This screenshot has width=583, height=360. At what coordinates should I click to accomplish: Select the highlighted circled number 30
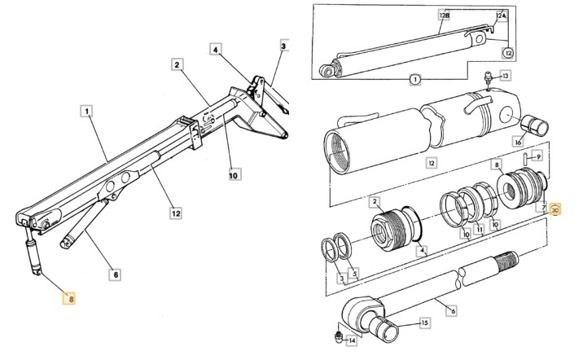coord(555,209)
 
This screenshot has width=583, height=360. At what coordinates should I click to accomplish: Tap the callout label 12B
coord(443,15)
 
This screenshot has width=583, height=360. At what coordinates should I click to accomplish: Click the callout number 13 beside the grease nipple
coord(505,76)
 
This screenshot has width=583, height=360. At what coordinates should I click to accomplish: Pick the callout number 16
coord(517,142)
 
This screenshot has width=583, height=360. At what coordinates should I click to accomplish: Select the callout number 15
coord(423,323)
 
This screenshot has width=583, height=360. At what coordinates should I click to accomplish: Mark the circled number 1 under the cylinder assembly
coord(414,80)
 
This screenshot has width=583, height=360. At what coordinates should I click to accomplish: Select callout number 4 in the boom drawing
coord(216,50)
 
